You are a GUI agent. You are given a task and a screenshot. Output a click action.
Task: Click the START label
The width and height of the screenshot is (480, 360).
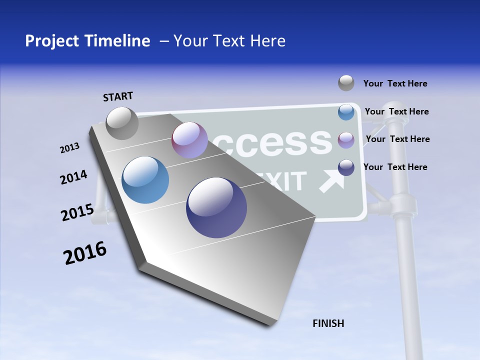[118, 96]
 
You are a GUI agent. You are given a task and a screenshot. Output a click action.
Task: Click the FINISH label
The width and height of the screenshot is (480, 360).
[328, 323]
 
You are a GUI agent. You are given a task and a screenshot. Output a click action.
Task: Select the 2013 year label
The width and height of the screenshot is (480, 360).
[69, 148]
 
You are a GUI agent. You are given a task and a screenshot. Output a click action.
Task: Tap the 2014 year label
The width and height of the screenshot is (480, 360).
[73, 177]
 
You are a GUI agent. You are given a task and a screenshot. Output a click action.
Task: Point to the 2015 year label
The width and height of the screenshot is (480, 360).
[77, 212]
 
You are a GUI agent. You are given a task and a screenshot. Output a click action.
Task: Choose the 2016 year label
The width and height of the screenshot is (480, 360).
[85, 253]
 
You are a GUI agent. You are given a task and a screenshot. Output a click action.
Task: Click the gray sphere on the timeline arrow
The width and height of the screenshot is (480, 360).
[122, 123]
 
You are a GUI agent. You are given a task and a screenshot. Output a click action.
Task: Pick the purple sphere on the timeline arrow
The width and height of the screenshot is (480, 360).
[189, 140]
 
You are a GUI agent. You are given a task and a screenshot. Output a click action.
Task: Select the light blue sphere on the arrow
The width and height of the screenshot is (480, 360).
[145, 180]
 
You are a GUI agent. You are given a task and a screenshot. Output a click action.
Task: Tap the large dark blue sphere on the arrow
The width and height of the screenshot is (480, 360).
[216, 207]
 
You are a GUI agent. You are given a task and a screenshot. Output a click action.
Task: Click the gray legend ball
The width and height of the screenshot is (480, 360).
[346, 83]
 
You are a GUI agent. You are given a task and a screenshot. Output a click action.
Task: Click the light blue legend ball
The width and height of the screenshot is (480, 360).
[346, 112]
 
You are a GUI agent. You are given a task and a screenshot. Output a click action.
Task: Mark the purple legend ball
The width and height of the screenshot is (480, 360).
[346, 140]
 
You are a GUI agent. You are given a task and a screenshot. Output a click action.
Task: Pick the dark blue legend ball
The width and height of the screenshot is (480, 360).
[346, 167]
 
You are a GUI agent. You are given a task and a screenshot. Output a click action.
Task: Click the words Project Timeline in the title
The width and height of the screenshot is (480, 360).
[87, 41]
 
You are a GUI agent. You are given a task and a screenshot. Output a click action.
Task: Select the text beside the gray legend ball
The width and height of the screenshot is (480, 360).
[395, 84]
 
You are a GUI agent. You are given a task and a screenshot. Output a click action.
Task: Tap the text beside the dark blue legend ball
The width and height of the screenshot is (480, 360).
[395, 167]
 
